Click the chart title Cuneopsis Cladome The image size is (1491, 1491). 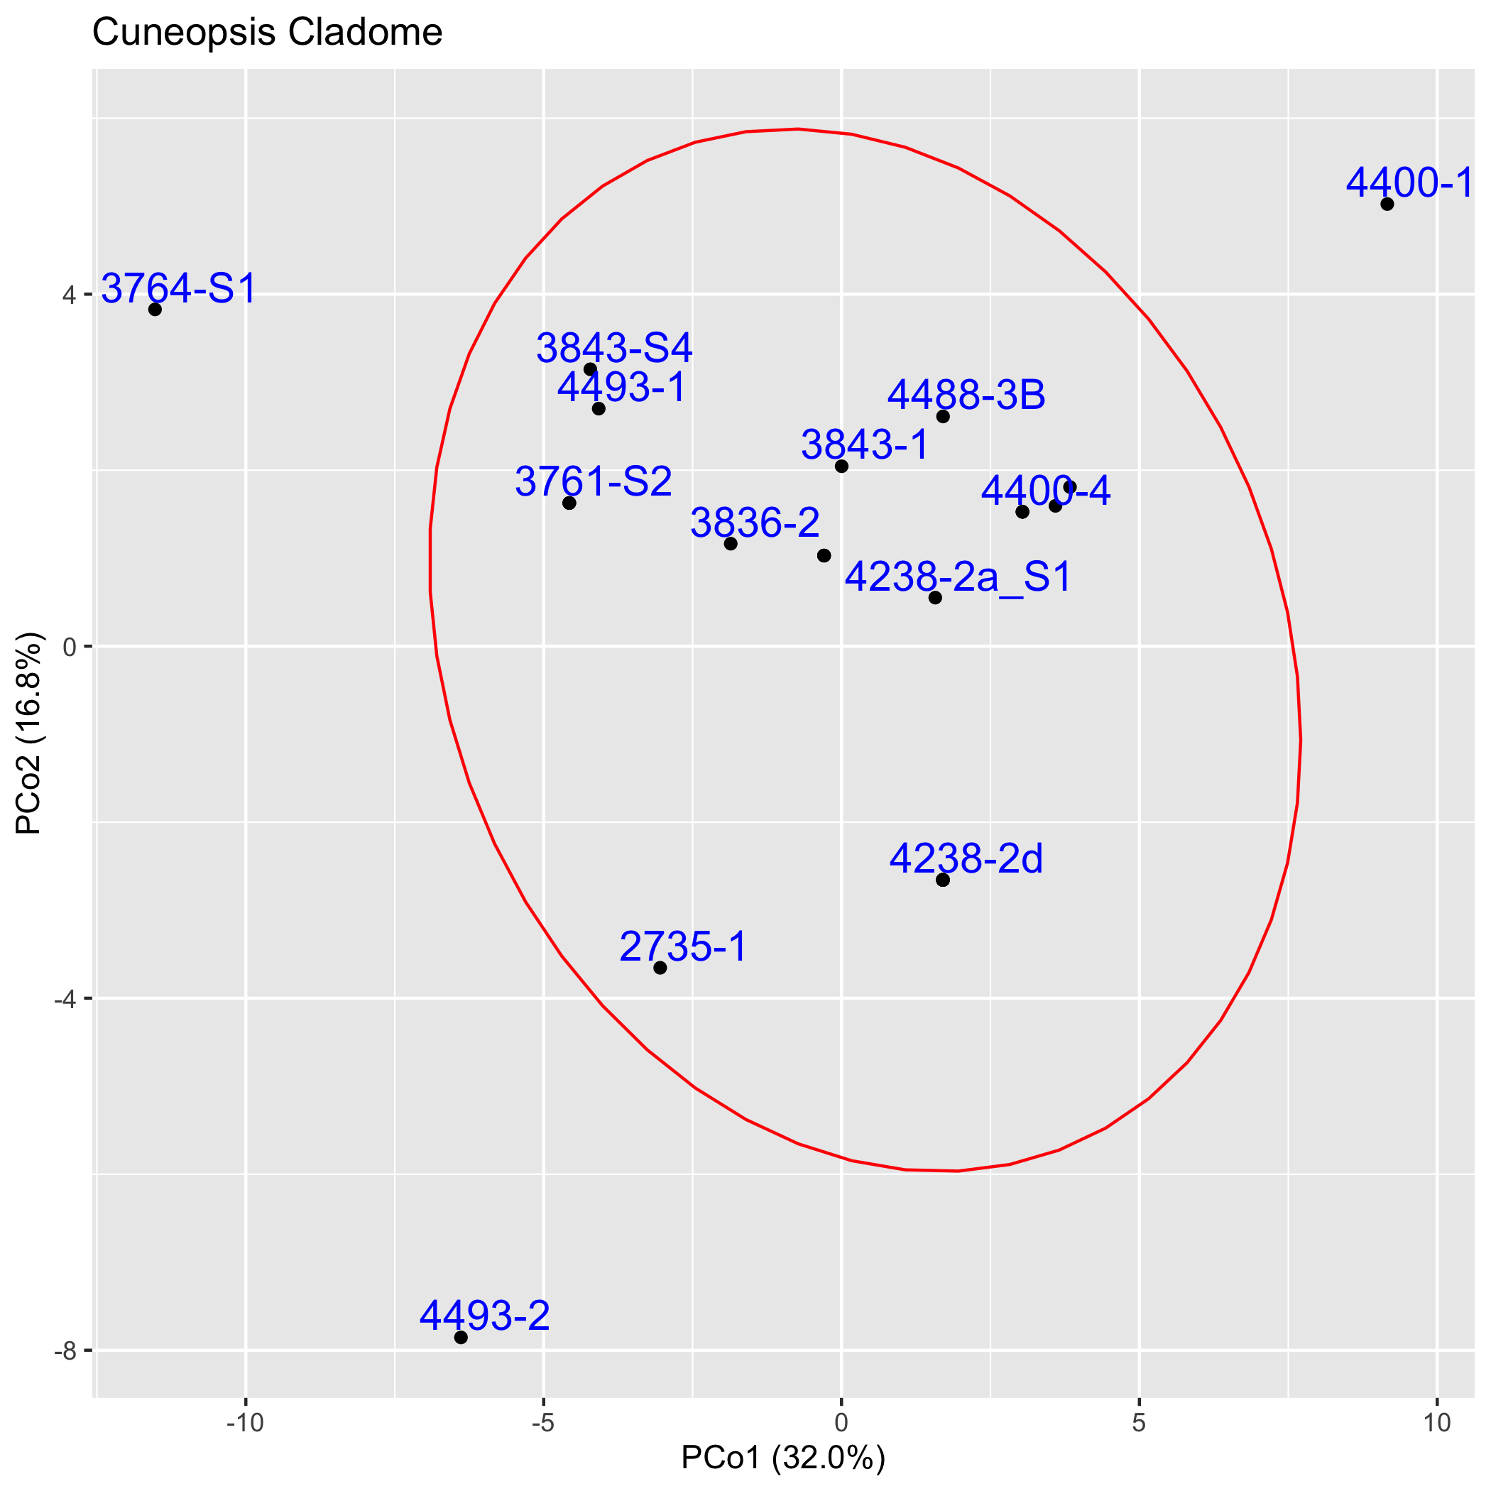click(267, 33)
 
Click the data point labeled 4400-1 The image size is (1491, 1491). click(1387, 204)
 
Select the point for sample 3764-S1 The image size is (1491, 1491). click(155, 310)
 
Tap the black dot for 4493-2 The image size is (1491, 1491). click(461, 1338)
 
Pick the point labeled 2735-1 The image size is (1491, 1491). click(660, 968)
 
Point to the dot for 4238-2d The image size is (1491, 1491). click(942, 880)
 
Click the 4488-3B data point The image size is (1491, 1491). click(942, 417)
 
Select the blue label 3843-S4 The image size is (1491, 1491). click(614, 349)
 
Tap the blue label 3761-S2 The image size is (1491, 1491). click(594, 482)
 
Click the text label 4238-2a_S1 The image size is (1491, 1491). click(958, 577)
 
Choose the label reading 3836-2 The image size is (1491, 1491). click(755, 523)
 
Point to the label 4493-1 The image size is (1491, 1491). click(621, 388)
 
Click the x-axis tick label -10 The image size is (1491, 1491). click(245, 1424)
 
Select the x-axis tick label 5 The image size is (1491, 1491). click(1139, 1424)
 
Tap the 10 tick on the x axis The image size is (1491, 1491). click(1437, 1424)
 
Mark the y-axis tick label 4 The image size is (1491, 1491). click(70, 295)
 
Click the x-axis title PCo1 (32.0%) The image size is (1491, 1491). click(782, 1458)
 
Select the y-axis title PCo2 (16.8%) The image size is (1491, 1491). click(29, 734)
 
